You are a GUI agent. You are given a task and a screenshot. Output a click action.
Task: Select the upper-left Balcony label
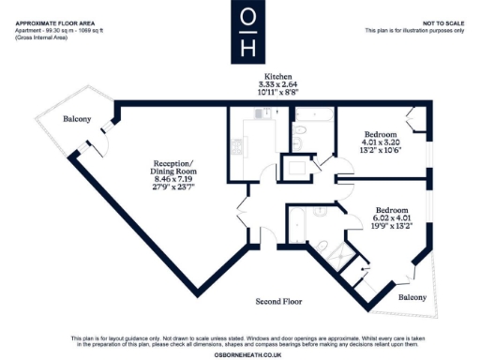[x=77, y=119]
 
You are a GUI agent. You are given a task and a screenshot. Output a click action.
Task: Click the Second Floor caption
[x=283, y=302]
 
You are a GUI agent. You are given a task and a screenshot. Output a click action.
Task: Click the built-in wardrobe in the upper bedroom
[x=415, y=116]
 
